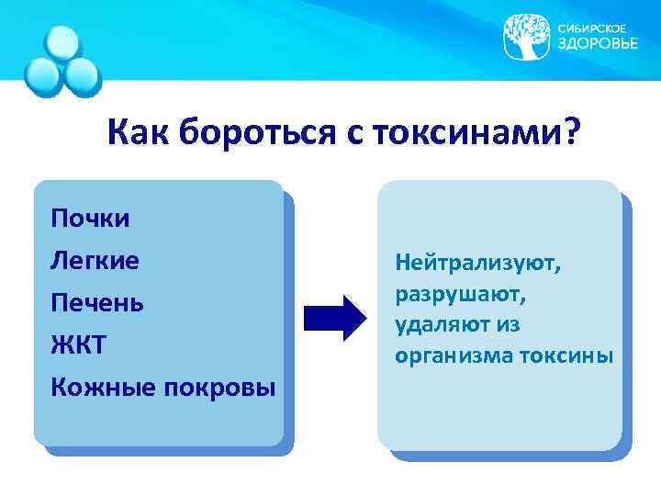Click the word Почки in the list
coord(90,219)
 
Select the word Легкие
coord(95,261)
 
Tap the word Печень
coord(97,303)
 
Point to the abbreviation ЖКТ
coord(80,345)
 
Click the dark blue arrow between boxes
coord(334,318)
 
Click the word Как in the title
coord(138,135)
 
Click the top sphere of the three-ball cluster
coord(63,43)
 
